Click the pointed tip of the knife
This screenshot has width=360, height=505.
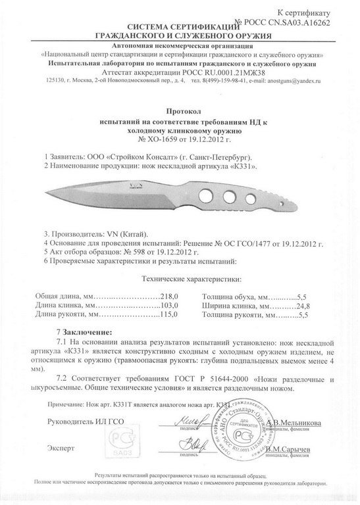[48, 193]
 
